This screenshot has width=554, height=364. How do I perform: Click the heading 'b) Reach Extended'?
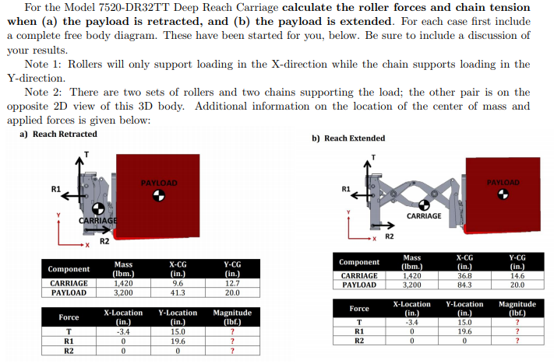pos(348,138)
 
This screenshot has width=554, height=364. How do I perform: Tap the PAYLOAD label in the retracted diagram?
pos(159,183)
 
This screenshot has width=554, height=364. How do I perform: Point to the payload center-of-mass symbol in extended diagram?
pos(503,194)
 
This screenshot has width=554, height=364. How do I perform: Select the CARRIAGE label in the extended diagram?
pos(424,215)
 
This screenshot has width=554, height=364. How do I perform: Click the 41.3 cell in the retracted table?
pos(177,293)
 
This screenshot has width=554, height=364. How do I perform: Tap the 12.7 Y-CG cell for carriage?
pos(231,284)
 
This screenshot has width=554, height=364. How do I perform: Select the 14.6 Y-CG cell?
pos(517,275)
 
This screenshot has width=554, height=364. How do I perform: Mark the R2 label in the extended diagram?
pos(390,236)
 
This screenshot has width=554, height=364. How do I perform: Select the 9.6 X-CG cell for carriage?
pos(177,284)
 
